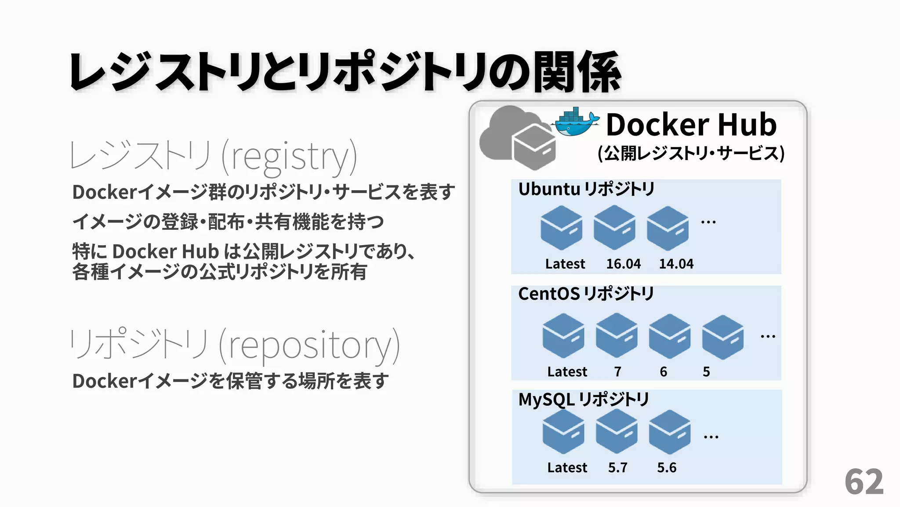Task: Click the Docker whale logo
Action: [x=576, y=122]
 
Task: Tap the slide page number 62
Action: [x=864, y=482]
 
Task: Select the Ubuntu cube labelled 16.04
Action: [x=614, y=228]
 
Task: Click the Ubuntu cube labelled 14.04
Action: [x=668, y=228]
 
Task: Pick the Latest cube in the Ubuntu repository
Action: [x=561, y=228]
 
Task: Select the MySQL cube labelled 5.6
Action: [x=670, y=432]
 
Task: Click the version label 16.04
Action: [x=623, y=264]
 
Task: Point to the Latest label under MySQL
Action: [x=567, y=467]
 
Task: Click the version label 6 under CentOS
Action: [x=664, y=372]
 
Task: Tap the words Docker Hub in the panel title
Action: [x=691, y=125]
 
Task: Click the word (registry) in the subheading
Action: [x=289, y=156]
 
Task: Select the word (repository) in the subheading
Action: [x=309, y=345]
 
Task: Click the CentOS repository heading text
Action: [x=586, y=294]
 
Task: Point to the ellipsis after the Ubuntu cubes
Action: [x=708, y=222]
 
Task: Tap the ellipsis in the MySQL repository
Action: [x=711, y=437]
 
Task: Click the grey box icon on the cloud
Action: [x=534, y=147]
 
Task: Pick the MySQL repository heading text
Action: [x=583, y=400]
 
